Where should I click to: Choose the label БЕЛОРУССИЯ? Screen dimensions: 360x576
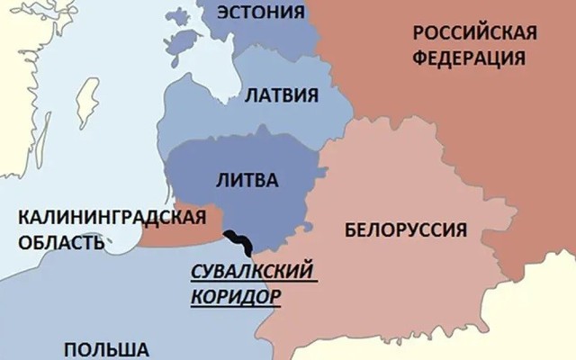pyautogui.click(x=405, y=229)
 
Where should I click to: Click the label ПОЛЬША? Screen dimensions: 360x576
pyautogui.click(x=105, y=348)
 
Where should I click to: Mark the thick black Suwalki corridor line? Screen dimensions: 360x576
pyautogui.click(x=239, y=240)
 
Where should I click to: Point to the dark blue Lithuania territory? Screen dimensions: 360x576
pyautogui.click(x=270, y=207)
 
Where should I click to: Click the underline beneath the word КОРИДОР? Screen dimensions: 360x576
pyautogui.click(x=235, y=307)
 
